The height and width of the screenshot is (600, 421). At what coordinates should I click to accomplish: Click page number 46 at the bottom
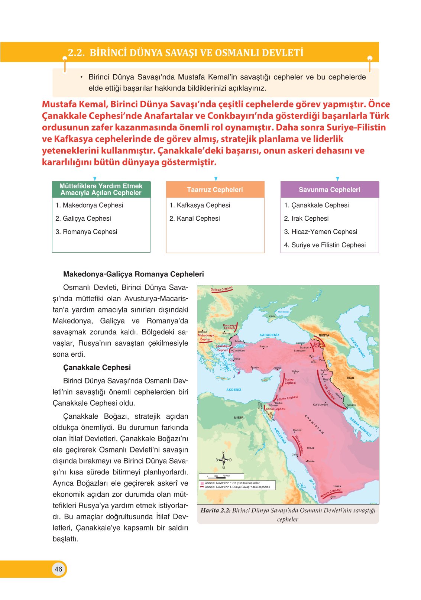coord(58,569)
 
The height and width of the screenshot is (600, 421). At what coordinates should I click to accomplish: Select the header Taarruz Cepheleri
coord(215,189)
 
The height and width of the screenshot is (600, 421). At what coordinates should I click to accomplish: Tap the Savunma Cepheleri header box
coord(329,189)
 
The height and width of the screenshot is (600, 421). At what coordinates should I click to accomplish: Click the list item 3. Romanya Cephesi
coord(86,232)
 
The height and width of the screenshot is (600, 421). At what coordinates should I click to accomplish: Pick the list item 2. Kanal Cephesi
coord(195,218)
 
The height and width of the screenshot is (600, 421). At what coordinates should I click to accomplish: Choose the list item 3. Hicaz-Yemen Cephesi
coord(320,232)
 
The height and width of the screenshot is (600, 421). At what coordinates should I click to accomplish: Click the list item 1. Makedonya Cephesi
coord(89,205)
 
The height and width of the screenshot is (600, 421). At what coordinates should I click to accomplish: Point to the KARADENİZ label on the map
coord(269,335)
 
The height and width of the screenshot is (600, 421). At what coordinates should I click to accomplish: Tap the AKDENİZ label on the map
coord(234,390)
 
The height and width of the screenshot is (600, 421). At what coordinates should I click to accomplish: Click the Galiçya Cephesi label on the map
coord(221,289)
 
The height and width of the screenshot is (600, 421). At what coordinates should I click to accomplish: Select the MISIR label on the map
coord(239,418)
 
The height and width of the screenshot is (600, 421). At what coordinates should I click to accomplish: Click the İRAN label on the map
coord(350,378)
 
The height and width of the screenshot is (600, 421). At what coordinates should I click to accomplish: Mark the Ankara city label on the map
coord(263,346)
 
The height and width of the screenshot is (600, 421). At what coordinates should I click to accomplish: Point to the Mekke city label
coord(311,461)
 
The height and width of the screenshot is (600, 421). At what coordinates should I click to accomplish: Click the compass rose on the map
coord(223,460)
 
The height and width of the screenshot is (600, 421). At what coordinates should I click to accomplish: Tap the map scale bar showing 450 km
coord(221,476)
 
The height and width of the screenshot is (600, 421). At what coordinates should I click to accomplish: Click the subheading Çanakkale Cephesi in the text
coord(97,367)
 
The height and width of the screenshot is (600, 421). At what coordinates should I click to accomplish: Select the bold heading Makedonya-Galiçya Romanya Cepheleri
coord(133,274)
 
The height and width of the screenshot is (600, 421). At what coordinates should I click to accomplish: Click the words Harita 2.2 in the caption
coord(216,510)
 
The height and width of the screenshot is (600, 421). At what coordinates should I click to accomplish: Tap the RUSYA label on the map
coord(324,335)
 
